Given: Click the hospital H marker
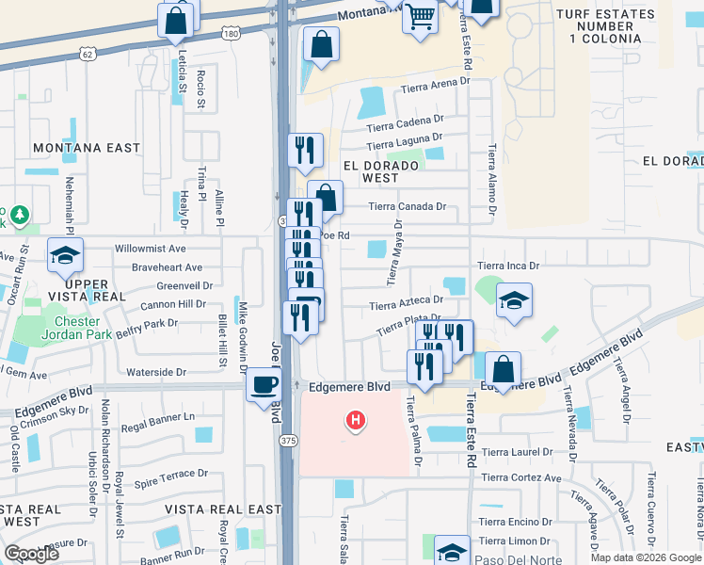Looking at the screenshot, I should pos(355,420).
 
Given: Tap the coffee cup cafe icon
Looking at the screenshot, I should pos(264,384).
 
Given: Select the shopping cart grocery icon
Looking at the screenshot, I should pos(420,15).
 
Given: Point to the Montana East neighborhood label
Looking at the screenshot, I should pos(87,149).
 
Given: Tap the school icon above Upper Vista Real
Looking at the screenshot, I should pos(66,255).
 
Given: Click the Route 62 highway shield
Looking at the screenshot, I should pos(88,55).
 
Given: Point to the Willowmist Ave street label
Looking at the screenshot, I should pos(151,249).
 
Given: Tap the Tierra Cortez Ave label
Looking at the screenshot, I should pos(520,477).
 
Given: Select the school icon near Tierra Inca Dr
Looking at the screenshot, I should pos(514,300).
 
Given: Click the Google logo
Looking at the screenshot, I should pos(32,554).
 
